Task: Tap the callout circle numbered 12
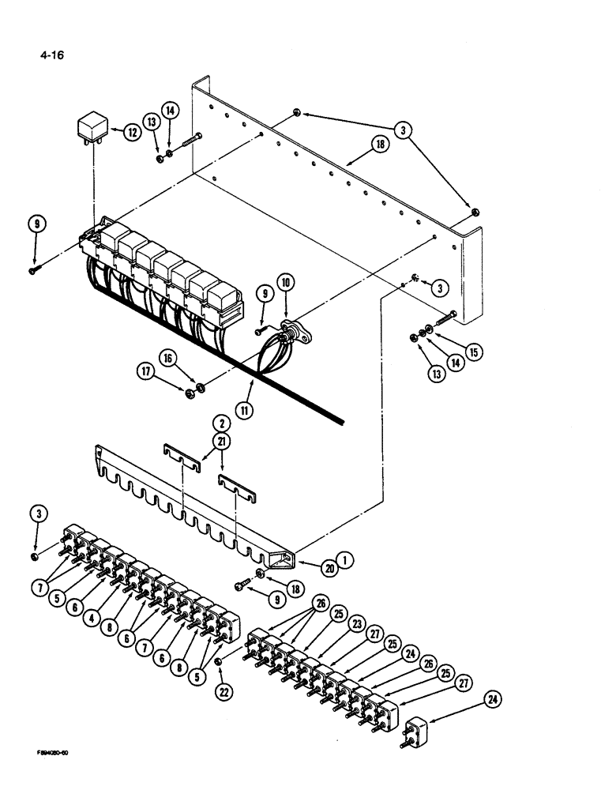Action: coord(133,132)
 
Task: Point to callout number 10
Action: coord(285,282)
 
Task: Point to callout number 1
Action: coord(345,561)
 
